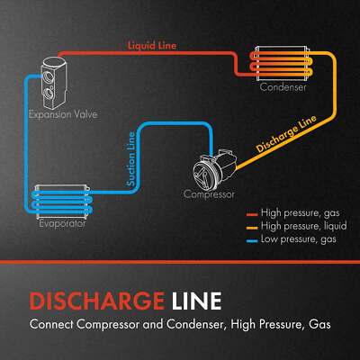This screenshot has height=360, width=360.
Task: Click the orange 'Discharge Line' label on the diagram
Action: [x=283, y=134]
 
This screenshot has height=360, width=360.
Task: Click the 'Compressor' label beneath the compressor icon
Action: [x=209, y=194]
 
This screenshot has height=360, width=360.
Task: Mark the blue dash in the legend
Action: [x=251, y=241]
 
